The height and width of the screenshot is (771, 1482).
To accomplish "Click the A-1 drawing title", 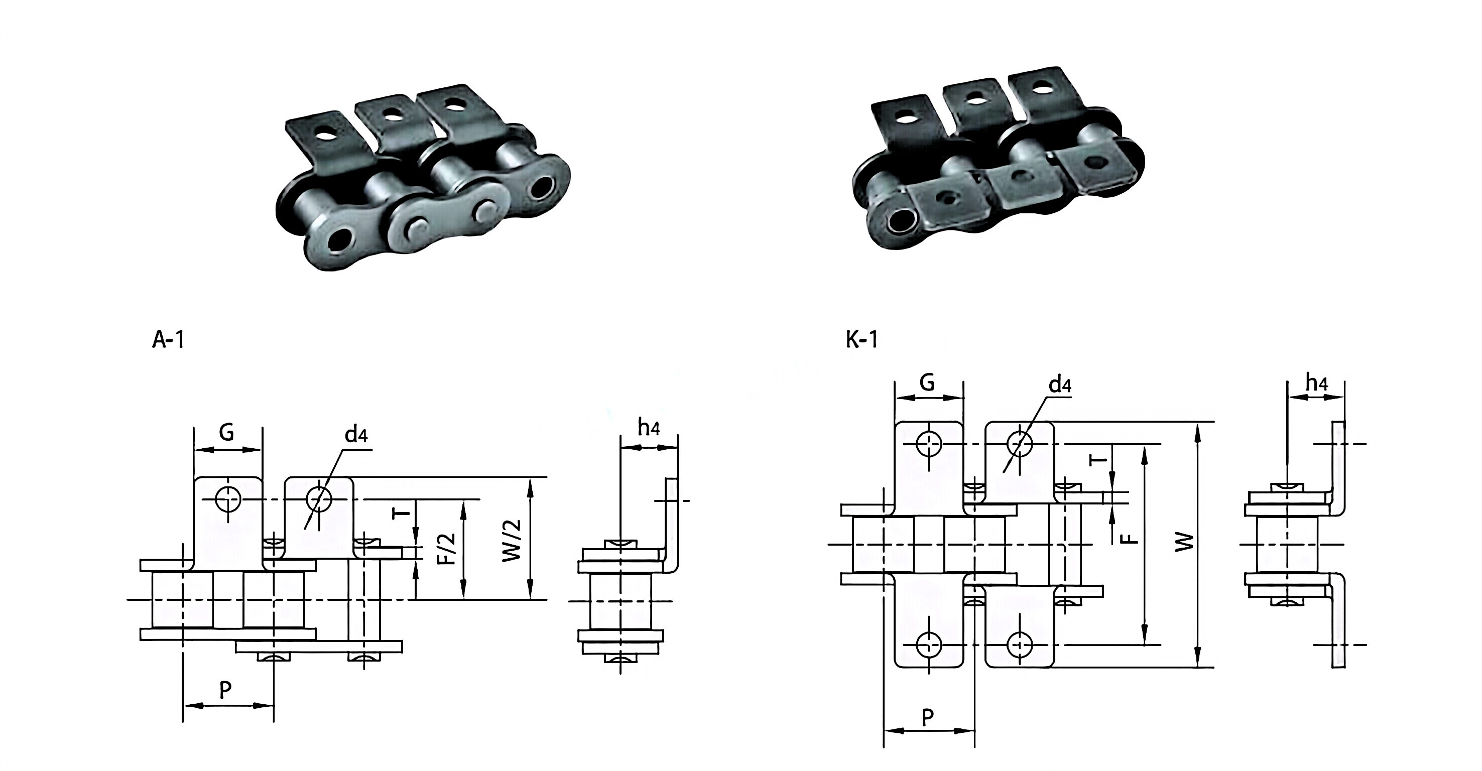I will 168,340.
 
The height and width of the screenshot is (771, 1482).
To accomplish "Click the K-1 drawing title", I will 861,340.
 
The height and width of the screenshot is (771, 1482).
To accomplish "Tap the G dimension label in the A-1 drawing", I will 227,432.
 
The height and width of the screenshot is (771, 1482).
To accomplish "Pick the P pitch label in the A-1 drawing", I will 225,689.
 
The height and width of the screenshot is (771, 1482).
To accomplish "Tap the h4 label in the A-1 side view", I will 649,428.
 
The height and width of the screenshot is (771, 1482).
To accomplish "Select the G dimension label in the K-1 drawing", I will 927,382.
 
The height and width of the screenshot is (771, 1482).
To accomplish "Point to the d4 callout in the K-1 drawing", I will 1059,384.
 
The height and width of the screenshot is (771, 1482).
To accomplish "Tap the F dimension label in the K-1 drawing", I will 1130,539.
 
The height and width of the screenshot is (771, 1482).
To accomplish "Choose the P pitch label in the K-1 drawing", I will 927,717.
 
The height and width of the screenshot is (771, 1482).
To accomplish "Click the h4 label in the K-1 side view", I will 1316,382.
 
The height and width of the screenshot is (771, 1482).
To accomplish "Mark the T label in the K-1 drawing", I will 1097,459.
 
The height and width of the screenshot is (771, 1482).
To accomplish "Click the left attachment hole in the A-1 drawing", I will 227,499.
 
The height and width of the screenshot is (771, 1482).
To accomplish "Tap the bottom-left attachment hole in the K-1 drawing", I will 928,645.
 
